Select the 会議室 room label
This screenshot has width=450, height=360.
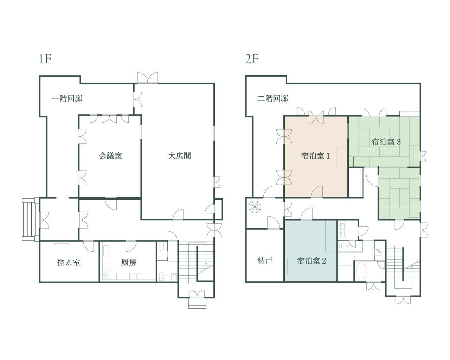(x=110, y=155)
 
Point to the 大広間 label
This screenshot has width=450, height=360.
(x=179, y=155)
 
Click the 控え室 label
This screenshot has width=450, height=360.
(x=69, y=262)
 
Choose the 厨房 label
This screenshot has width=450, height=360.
(x=129, y=262)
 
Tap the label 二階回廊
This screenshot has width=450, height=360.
(x=272, y=98)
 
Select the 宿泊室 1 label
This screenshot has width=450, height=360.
(x=315, y=156)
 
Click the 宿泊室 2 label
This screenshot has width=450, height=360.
(x=311, y=261)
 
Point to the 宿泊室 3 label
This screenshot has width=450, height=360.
(x=386, y=142)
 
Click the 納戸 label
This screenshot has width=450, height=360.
(x=265, y=261)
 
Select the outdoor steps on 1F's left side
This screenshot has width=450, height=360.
(x=30, y=219)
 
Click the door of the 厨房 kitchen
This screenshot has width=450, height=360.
(x=131, y=245)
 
